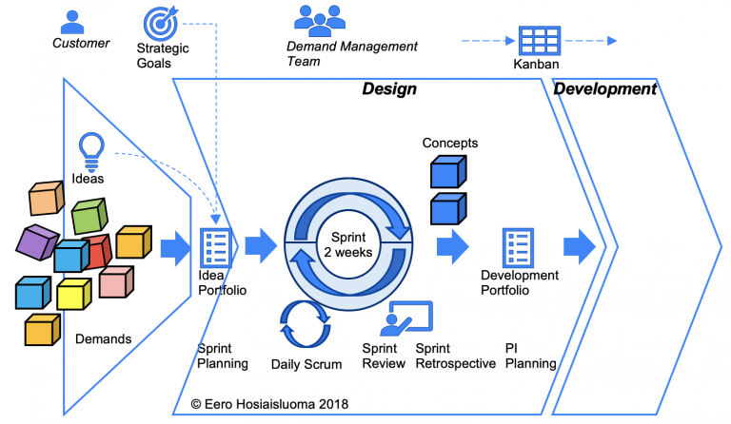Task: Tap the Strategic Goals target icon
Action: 158,23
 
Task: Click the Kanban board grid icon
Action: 539,41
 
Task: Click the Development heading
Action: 604,89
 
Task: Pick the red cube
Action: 98,250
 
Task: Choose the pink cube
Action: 115,282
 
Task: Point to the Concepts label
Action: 449,144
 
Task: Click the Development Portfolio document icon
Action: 518,247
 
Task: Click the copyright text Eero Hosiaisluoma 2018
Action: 267,404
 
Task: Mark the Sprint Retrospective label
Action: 455,356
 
